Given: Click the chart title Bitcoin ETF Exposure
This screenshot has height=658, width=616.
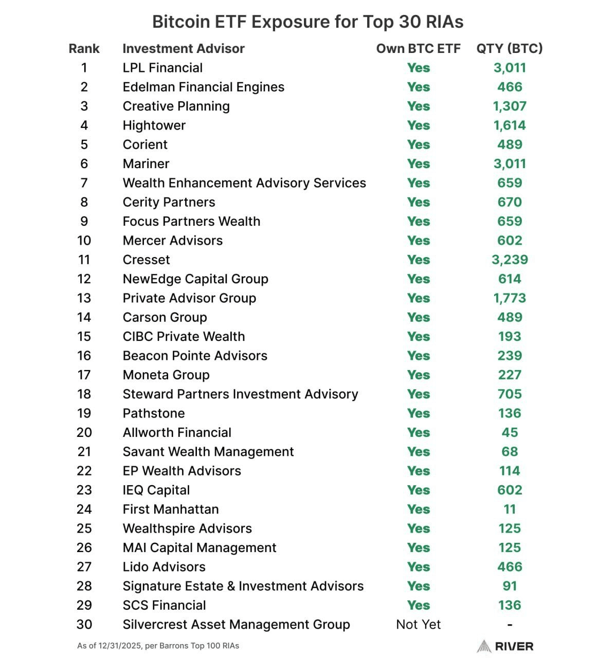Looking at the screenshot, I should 307,22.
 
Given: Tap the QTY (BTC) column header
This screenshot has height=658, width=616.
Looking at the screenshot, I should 509,49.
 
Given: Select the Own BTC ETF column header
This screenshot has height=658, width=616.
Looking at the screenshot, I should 418,49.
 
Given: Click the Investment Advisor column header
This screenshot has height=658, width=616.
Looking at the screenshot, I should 183,49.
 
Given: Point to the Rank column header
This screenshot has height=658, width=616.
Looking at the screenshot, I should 84,49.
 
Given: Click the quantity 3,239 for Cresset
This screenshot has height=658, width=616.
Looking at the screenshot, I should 509,260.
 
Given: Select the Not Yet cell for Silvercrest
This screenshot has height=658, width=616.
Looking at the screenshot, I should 418,625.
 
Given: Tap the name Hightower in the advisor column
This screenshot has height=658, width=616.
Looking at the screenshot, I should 154,125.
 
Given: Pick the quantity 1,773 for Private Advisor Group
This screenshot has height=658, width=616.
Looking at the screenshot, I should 509,298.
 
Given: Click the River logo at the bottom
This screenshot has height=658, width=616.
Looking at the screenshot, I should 505,646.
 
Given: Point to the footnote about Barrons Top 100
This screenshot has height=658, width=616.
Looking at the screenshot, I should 158,646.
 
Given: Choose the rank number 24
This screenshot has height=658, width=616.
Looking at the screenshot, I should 84,509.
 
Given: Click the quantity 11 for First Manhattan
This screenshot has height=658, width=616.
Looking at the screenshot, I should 509,509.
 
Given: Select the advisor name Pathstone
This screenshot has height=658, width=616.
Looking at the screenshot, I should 153,413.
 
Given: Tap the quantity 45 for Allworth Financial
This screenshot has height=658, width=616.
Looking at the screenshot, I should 509,433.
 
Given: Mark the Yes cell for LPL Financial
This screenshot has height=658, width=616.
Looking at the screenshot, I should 418,68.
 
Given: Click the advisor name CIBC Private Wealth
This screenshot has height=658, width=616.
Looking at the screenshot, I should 184,337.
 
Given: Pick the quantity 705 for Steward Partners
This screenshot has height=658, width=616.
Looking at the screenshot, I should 509,394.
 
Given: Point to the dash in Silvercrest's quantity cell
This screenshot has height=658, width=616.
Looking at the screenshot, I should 509,625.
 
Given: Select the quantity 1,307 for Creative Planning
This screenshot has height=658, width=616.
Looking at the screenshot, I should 509,106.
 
